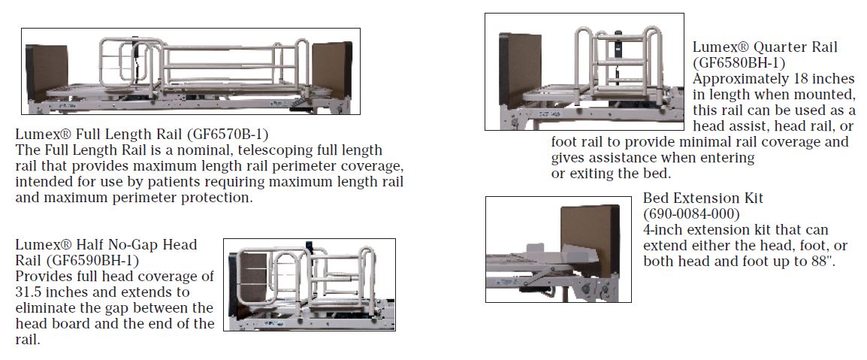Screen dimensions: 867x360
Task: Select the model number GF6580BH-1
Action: pyautogui.click(x=739, y=63)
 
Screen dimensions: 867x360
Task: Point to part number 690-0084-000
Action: pyautogui.click(x=690, y=213)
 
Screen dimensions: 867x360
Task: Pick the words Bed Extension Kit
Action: pyautogui.click(x=702, y=198)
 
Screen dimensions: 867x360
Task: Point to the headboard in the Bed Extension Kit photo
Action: pyautogui.click(x=590, y=240)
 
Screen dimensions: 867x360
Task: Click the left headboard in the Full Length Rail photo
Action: pyautogui.click(x=47, y=73)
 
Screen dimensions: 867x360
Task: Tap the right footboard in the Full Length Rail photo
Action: pyautogui.click(x=332, y=70)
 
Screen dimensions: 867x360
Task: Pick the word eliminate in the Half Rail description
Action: pyautogui.click(x=45, y=308)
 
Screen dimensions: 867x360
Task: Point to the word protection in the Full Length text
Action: pyautogui.click(x=216, y=198)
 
